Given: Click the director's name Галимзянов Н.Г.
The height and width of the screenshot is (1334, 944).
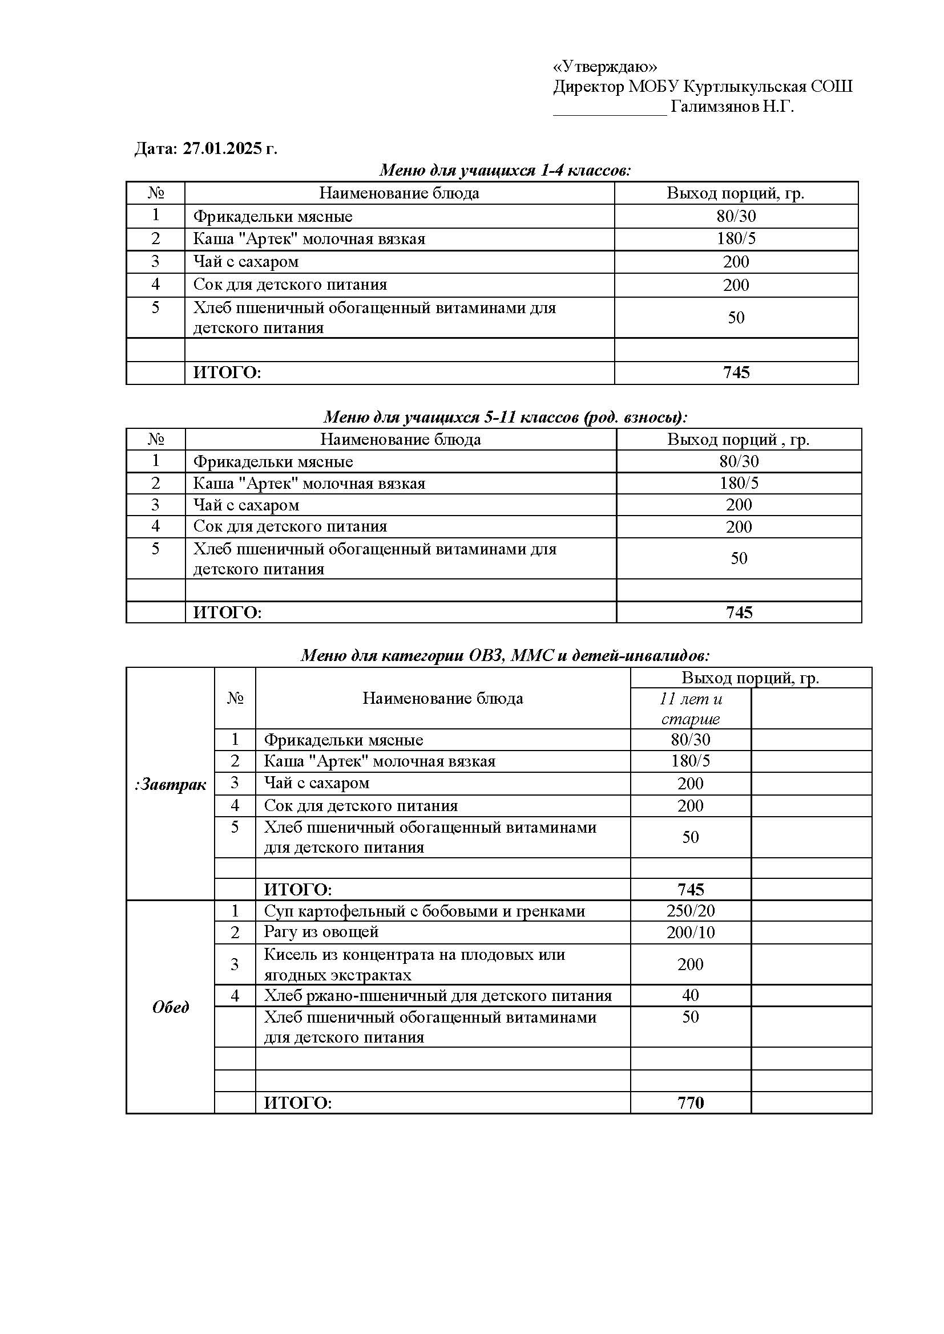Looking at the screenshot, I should [x=732, y=107].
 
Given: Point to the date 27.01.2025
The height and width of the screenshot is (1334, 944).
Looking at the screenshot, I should [x=224, y=149].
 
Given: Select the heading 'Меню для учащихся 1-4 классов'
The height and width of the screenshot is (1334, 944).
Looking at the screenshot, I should [x=505, y=170].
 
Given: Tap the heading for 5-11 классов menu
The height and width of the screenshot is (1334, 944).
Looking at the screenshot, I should [x=505, y=416].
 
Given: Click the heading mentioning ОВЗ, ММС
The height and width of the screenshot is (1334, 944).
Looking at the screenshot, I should [x=505, y=655].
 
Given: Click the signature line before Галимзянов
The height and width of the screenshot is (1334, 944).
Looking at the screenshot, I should [x=609, y=111].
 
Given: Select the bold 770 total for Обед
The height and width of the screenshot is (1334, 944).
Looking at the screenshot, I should [x=690, y=1102].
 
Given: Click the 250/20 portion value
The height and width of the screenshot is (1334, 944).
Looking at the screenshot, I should [x=690, y=910].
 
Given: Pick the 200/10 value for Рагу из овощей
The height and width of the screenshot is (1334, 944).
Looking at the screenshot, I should [x=690, y=932].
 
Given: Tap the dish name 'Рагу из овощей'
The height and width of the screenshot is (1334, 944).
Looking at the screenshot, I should [x=321, y=932].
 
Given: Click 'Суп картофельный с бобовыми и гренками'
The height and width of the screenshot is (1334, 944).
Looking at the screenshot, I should [x=424, y=910].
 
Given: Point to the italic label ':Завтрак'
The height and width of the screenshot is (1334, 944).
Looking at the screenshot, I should [x=170, y=785].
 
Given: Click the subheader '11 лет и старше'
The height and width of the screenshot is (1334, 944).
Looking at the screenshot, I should [x=690, y=708].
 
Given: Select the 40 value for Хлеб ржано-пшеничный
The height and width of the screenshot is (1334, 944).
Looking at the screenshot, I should [x=690, y=995].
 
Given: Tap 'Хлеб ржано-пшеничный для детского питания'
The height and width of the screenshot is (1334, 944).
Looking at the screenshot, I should [x=438, y=996].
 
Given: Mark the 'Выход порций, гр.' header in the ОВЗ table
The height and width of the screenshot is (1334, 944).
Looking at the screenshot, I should [x=750, y=678].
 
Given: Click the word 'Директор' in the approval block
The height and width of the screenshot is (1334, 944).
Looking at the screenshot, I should [x=588, y=87].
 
